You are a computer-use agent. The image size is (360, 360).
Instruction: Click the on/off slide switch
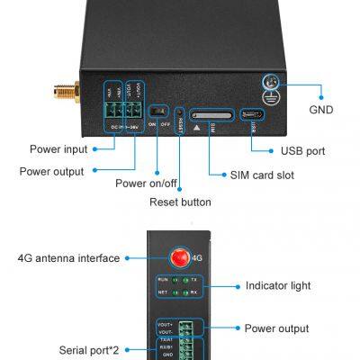pyautogui.click(x=158, y=114)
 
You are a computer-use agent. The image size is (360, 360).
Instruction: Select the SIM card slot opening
pyautogui.click(x=212, y=114)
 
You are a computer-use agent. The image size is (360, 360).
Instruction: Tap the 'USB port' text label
pyautogui.click(x=302, y=150)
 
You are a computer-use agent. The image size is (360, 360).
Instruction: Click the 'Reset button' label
pyautogui.click(x=180, y=202)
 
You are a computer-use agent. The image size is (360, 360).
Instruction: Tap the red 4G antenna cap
pyautogui.click(x=180, y=257)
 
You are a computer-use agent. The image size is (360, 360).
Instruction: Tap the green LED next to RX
pyautogui.click(x=183, y=292)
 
